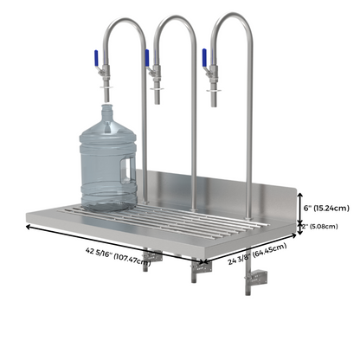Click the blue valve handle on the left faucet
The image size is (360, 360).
tap(96, 57)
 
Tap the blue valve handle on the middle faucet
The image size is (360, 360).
tap(147, 57)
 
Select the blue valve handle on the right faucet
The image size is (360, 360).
tap(204, 57)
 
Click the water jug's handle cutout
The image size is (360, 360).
tap(127, 170)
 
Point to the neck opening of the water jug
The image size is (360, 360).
tap(106, 106)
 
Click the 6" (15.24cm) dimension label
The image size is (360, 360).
tap(326, 208)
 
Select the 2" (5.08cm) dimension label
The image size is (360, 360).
tap(319, 227)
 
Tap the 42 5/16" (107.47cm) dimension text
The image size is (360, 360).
tap(118, 255)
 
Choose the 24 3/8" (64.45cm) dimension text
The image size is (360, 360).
tap(257, 254)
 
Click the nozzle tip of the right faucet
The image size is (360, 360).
tap(214, 106)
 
